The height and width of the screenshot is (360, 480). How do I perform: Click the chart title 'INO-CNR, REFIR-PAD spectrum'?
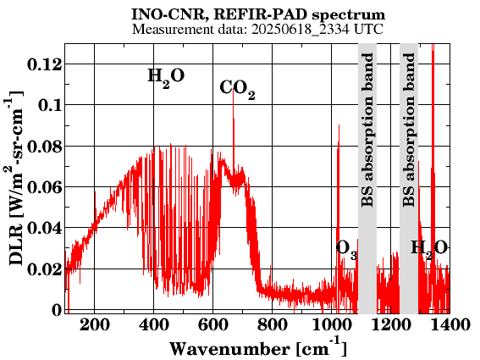pos(258,14)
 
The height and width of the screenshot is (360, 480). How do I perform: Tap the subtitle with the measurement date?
pos(257,30)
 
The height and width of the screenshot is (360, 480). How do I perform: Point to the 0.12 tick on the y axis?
pos(45,64)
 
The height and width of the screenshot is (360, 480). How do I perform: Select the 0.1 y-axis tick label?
pos(50,105)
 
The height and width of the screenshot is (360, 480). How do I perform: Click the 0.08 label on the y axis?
pos(45,147)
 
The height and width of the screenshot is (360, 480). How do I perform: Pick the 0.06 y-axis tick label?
pos(45,187)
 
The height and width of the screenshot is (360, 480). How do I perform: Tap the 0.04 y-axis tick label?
pos(45,228)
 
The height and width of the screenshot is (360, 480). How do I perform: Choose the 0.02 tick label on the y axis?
pos(45,269)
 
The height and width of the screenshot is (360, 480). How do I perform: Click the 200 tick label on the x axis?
pos(94,324)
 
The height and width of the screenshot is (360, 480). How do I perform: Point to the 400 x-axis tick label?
pos(154,324)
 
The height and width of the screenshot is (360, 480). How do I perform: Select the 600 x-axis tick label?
pos(213,324)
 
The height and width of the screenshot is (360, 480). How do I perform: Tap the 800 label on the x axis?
pos(273,324)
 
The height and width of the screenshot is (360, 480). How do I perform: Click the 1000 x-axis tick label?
pos(332,324)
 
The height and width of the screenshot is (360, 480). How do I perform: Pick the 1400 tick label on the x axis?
pos(450,324)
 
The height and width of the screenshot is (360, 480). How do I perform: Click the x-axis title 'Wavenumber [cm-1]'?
pos(258,348)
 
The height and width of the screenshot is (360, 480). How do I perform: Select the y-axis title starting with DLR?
pos(14,179)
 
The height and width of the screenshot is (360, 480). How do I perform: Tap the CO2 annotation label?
pos(237,89)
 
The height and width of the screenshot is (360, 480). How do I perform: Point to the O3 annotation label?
pos(346,249)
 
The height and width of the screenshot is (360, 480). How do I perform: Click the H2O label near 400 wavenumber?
pos(166,77)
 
